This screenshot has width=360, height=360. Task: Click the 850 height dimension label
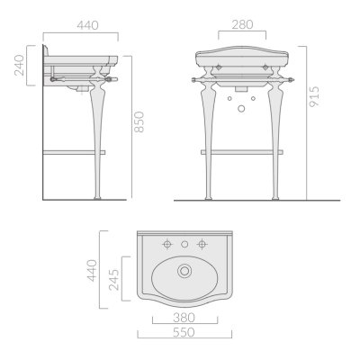(139, 121)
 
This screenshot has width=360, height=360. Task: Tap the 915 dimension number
(314, 96)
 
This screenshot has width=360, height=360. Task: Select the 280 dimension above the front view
(242, 24)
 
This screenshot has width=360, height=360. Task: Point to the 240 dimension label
(19, 65)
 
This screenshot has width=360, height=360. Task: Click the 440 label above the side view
(87, 25)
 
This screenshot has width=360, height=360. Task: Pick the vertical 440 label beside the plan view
(92, 271)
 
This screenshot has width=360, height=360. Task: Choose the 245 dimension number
(113, 280)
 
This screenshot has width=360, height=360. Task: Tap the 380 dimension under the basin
(184, 318)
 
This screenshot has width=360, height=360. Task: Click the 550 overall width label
(184, 332)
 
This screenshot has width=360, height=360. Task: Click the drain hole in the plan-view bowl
(184, 271)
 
